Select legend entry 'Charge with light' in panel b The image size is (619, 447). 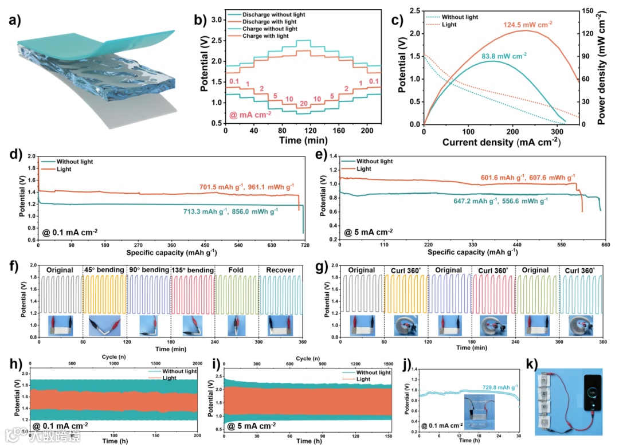click(x=270, y=36)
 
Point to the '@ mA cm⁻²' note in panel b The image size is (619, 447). click(x=250, y=115)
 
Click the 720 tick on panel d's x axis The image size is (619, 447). click(x=304, y=244)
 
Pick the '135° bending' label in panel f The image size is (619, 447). click(x=193, y=270)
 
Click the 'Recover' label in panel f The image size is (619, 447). click(x=280, y=270)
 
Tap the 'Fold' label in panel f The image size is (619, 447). click(x=236, y=270)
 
